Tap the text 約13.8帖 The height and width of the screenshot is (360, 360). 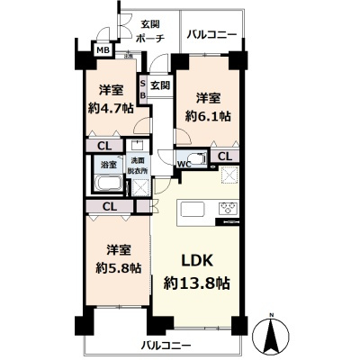pyautogui.click(x=196, y=282)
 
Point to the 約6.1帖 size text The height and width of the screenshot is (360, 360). pyautogui.click(x=209, y=115)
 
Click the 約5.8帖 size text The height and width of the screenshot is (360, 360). pyautogui.click(x=112, y=267)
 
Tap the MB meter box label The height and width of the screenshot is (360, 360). pyautogui.click(x=103, y=51)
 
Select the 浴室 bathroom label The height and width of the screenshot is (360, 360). pyautogui.click(x=106, y=166)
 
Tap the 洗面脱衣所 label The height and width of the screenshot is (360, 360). pyautogui.click(x=135, y=165)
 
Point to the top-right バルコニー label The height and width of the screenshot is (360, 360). pyautogui.click(x=211, y=34)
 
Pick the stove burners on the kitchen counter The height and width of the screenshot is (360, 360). pyautogui.click(x=228, y=210)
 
